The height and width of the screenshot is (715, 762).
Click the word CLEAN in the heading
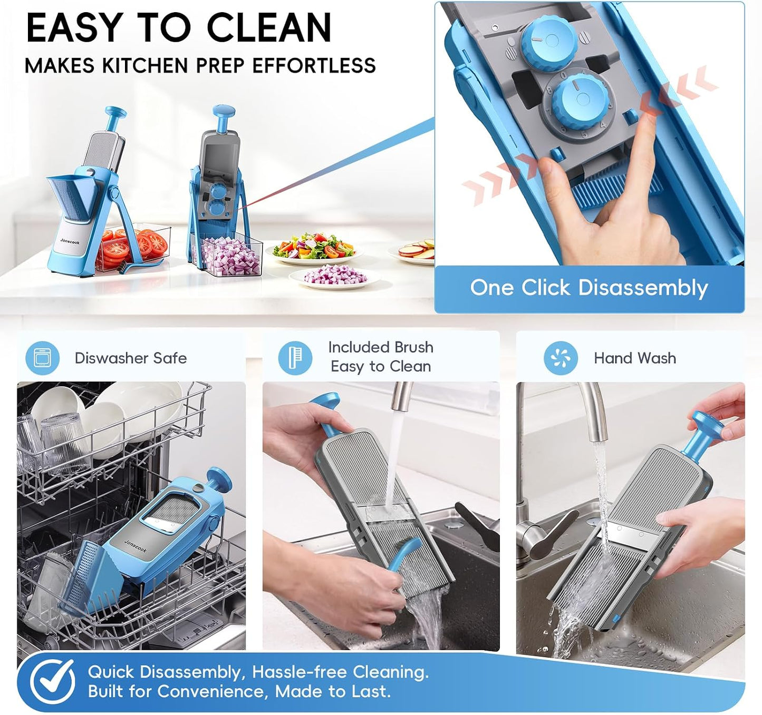coord(268,27)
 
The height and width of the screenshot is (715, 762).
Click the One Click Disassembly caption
coord(589,288)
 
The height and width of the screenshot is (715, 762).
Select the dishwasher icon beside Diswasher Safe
coord(42,358)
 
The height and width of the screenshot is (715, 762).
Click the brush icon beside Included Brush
coord(295,358)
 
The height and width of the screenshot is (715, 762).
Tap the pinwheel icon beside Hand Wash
coord(561,358)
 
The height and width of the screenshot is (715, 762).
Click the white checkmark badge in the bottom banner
coord(53,681)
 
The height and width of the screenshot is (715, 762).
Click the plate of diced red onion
coord(334,278)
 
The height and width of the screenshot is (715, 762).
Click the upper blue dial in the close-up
coord(548,45)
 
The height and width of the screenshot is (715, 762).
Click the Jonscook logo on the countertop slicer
coord(70,241)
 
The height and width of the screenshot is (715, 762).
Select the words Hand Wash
coord(634,358)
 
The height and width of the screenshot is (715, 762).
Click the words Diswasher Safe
coord(131,358)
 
